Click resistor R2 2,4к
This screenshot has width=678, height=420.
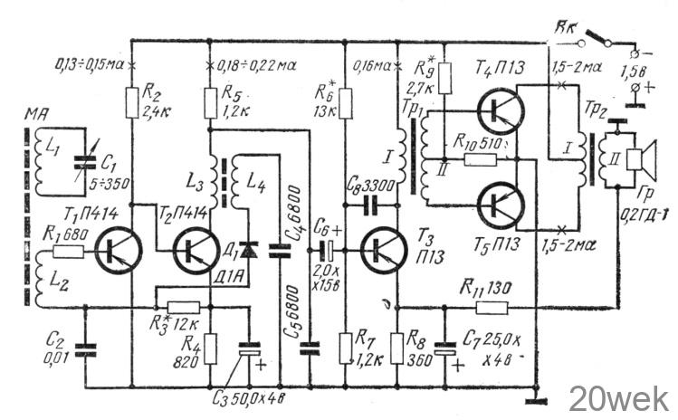point(132,93)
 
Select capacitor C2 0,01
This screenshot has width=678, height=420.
point(85,347)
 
